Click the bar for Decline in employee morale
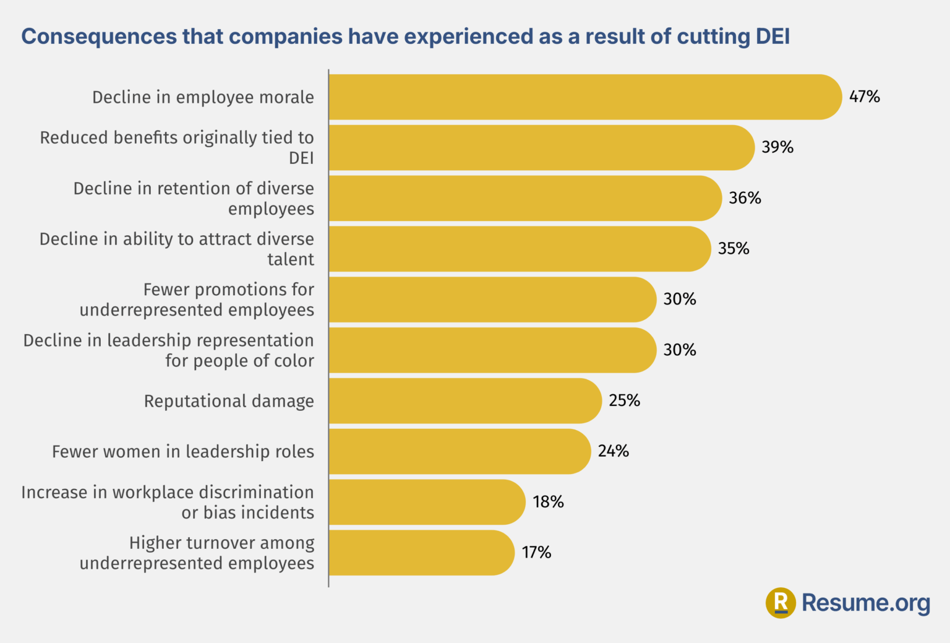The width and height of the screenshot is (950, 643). [584, 97]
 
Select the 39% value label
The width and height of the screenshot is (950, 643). [777, 147]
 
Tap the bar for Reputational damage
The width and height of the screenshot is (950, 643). [464, 401]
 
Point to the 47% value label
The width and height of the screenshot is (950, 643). [864, 97]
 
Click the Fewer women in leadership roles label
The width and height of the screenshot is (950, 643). [183, 452]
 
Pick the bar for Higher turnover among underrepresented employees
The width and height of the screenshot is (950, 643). [421, 553]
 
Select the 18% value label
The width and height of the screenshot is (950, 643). [548, 502]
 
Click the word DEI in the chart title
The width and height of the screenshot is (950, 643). [772, 37]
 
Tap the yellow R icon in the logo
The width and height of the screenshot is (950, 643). [781, 603]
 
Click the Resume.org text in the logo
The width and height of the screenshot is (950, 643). [865, 603]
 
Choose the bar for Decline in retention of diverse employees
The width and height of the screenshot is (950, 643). [524, 198]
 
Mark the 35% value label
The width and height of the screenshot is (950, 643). [734, 249]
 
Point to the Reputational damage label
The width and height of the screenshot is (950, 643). [229, 401]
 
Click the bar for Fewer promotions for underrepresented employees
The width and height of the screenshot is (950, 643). [492, 300]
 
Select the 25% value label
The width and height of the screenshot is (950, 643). [624, 400]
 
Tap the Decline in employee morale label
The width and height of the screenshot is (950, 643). [203, 97]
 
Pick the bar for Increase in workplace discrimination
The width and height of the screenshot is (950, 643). [427, 502]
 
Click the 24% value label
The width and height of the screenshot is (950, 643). [613, 451]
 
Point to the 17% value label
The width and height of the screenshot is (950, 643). [536, 552]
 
